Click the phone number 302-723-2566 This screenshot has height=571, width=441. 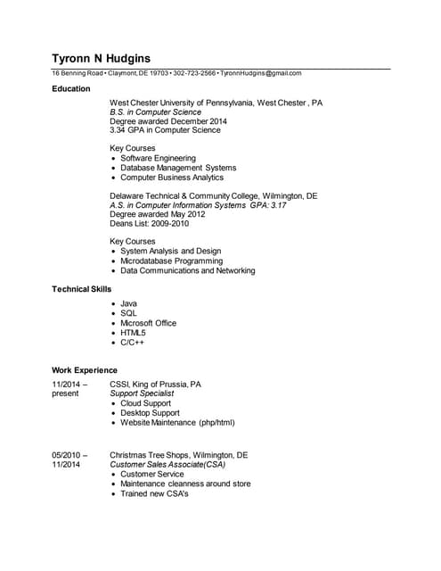(x=194, y=73)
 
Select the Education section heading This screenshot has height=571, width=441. (x=71, y=89)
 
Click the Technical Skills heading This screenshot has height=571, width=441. (x=82, y=290)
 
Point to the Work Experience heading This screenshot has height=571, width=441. (x=85, y=370)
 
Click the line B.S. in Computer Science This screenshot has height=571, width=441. (x=155, y=112)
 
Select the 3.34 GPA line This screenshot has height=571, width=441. (x=165, y=130)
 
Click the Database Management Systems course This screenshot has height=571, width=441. (x=178, y=168)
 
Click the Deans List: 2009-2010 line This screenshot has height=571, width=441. (x=148, y=224)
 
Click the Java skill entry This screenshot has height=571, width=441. (x=129, y=304)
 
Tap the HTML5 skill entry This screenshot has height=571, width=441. (x=133, y=333)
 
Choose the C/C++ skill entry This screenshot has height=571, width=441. (x=133, y=343)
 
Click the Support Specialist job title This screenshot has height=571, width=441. (x=142, y=393)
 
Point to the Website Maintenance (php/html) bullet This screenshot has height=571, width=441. (x=177, y=423)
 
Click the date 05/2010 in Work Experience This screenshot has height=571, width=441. (x=68, y=455)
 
